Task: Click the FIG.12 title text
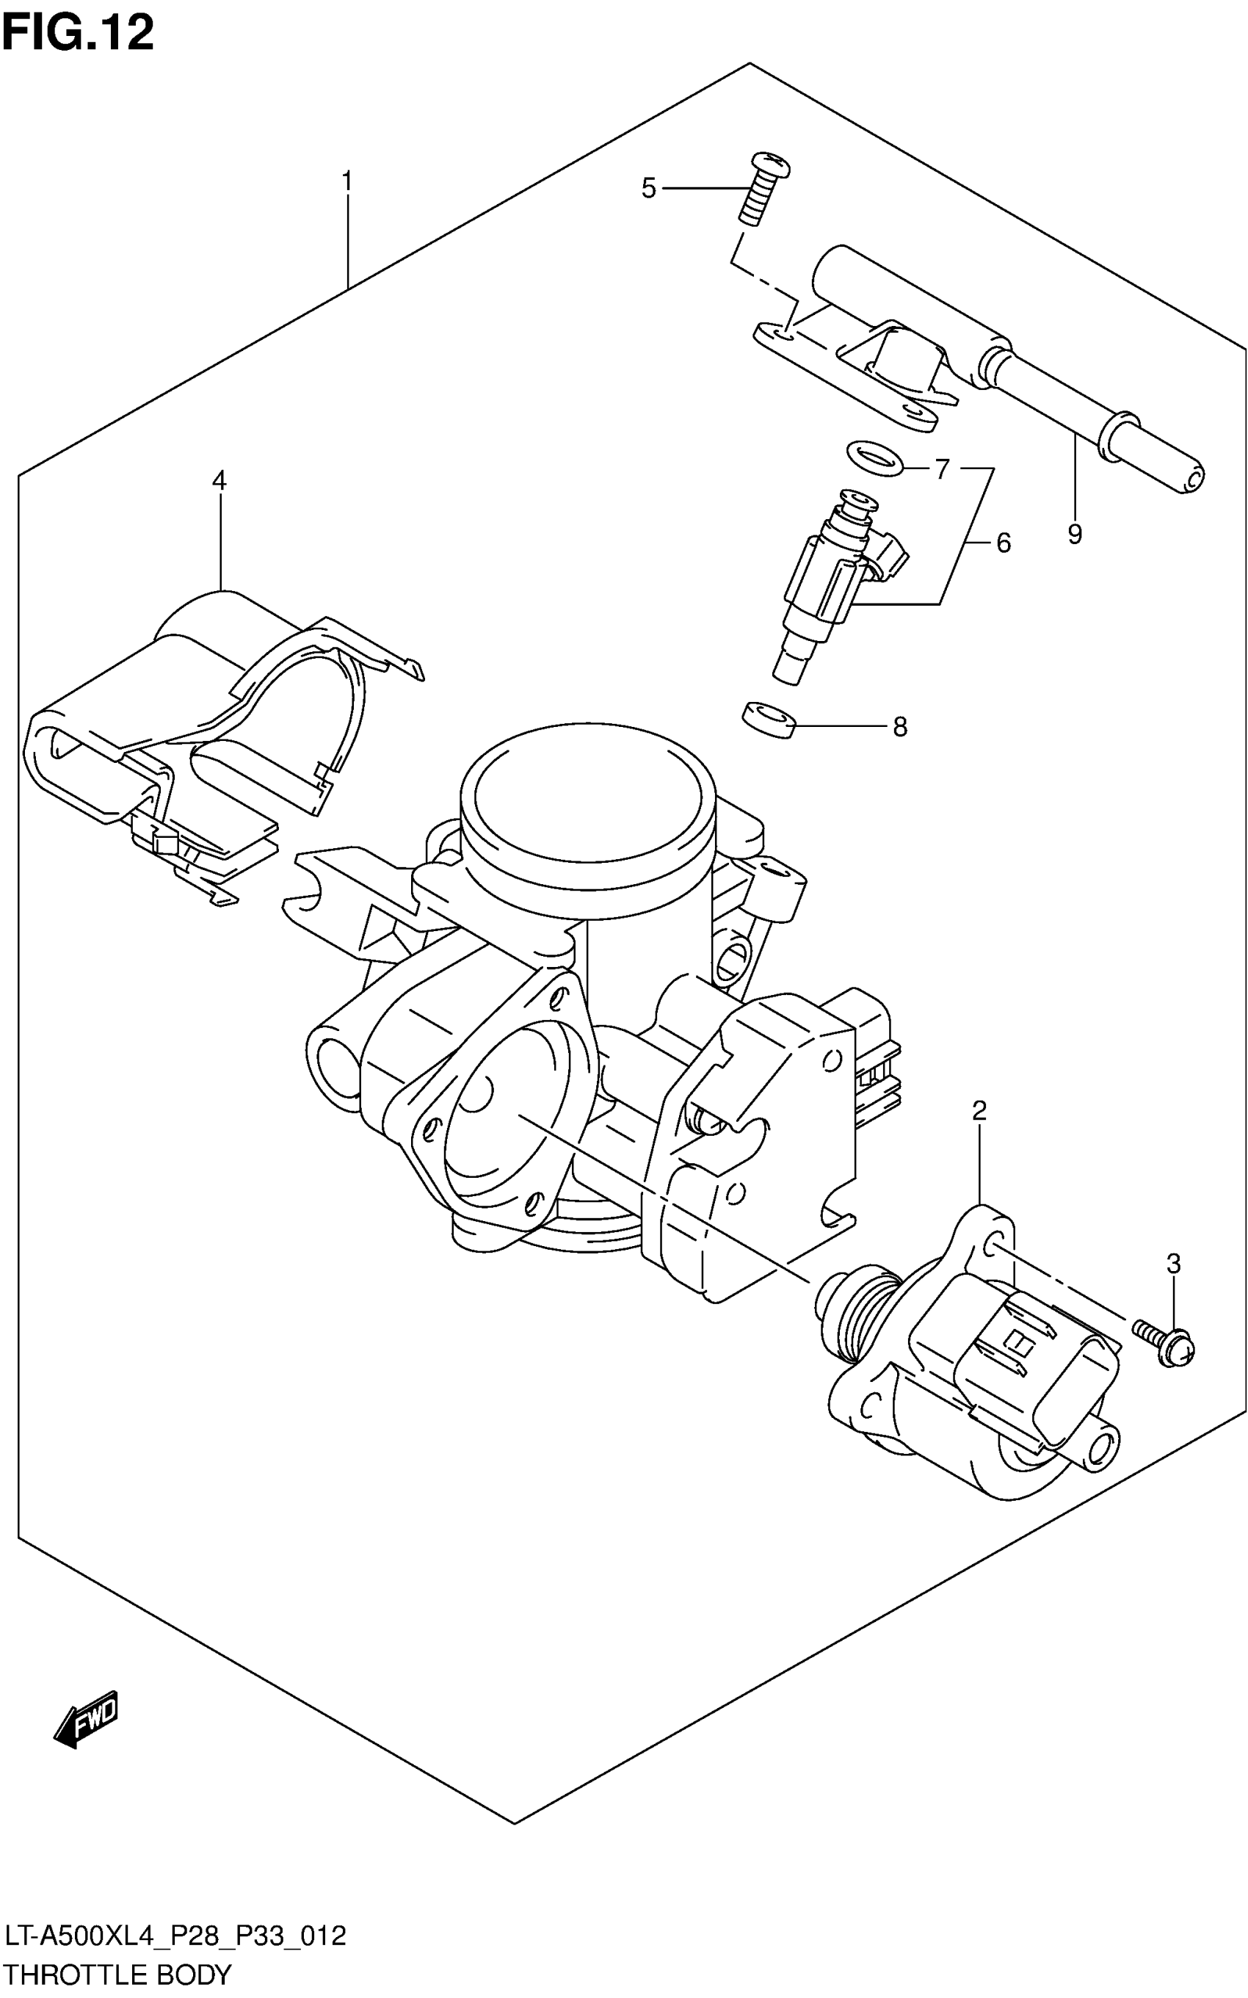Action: (78, 34)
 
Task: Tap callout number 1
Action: (347, 181)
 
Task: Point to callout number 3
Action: (1173, 1263)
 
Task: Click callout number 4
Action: (219, 480)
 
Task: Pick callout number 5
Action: (649, 189)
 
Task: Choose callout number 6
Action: (1003, 543)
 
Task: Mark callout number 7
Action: (942, 469)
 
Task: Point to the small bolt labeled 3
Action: (1166, 1340)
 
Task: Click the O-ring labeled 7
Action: (874, 458)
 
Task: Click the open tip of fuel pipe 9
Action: (1192, 479)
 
